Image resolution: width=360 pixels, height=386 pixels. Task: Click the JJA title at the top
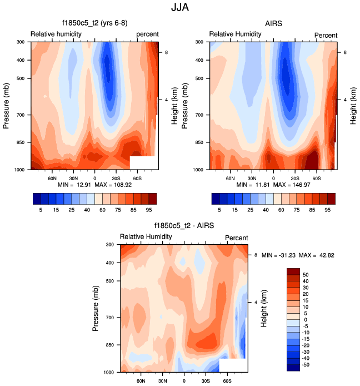[179, 8]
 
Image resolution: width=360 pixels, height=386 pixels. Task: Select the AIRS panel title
[273, 23]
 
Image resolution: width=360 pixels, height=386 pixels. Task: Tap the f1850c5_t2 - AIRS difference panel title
[184, 226]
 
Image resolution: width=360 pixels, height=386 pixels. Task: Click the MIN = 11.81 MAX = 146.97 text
[273, 184]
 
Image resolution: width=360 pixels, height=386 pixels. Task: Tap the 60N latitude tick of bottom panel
[141, 380]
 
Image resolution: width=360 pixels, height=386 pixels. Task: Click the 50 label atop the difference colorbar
[306, 275]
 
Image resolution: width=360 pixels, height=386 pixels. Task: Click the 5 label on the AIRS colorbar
[219, 210]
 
